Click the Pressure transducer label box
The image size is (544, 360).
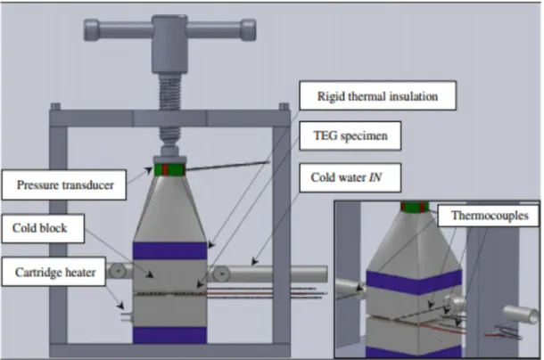tap(64, 184)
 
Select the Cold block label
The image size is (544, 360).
tap(43, 228)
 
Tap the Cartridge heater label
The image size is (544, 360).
tap(54, 272)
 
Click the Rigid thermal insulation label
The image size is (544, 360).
tap(377, 95)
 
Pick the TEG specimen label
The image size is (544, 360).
tap(350, 135)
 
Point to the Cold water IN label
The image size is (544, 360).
tap(350, 177)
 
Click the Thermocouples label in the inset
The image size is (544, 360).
tap(489, 216)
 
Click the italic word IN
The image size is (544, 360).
tap(375, 177)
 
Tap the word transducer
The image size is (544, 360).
tap(86, 184)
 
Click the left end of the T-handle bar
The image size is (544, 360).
tap(86, 30)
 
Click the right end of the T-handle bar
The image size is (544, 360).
tap(254, 29)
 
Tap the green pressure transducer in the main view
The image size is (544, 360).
tap(169, 169)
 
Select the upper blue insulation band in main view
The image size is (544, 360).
tap(170, 250)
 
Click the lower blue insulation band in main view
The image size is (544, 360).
tap(170, 335)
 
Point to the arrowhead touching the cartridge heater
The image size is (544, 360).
tap(120, 306)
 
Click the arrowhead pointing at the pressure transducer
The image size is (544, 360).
tap(149, 170)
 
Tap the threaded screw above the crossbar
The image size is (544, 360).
tap(170, 92)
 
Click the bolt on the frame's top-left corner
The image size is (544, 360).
tap(55, 106)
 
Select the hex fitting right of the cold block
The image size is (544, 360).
tap(221, 274)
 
